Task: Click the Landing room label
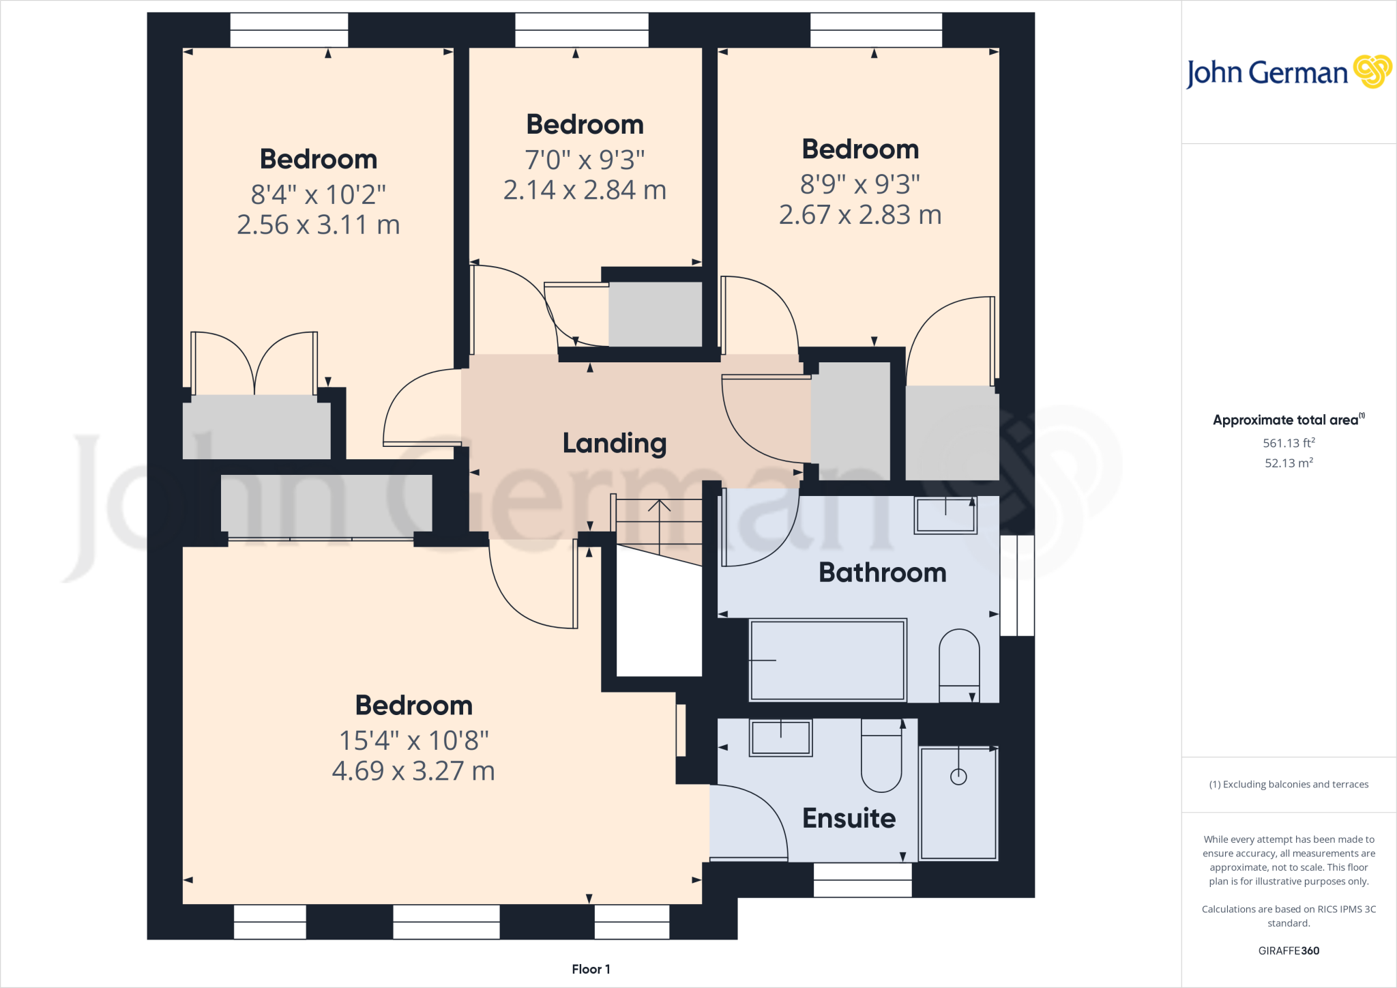click(x=614, y=444)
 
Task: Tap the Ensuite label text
click(x=849, y=818)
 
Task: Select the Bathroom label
click(x=882, y=572)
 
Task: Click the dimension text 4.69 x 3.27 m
click(x=413, y=771)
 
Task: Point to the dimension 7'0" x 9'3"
click(x=585, y=160)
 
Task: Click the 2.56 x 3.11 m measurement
click(x=318, y=224)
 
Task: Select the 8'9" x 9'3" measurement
click(x=859, y=184)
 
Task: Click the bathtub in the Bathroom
click(x=827, y=660)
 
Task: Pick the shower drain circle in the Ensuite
click(x=958, y=776)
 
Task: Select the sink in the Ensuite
click(x=780, y=738)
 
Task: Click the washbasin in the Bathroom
click(x=945, y=515)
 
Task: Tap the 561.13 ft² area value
click(x=1289, y=443)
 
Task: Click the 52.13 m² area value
click(x=1289, y=463)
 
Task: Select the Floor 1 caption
click(x=591, y=969)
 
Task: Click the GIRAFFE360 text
click(x=1289, y=950)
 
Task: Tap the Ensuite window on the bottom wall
click(x=862, y=880)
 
